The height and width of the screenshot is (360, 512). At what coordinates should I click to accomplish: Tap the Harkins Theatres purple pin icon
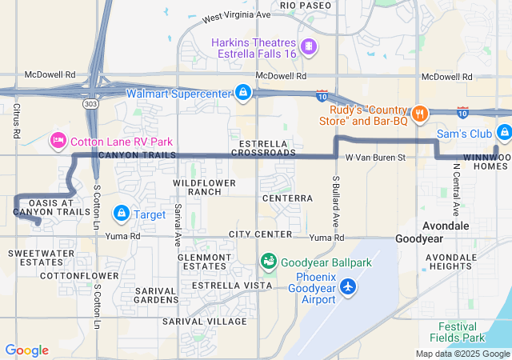click(309, 47)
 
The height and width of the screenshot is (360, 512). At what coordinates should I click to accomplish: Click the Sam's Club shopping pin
click(503, 133)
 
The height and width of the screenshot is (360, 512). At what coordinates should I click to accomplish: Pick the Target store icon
click(122, 214)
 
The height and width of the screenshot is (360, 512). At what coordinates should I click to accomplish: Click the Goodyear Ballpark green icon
click(269, 262)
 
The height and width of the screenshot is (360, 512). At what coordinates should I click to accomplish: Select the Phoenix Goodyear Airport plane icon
click(348, 286)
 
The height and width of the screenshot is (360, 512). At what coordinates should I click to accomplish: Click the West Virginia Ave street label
click(236, 15)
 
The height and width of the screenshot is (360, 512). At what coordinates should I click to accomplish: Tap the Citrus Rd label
click(15, 118)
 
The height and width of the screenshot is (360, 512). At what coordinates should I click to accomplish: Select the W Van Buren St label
click(376, 158)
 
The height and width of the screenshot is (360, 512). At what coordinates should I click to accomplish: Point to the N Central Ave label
click(455, 191)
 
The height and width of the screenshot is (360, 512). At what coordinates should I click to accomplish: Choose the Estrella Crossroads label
click(262, 147)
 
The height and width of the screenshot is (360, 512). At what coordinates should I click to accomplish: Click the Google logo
click(26, 350)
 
